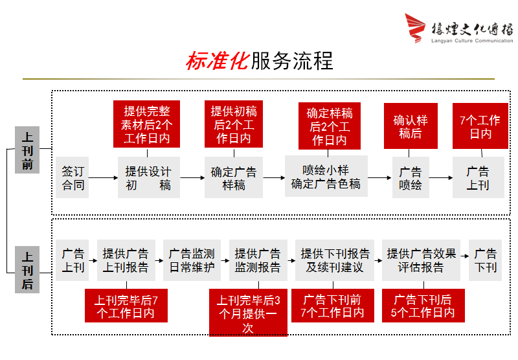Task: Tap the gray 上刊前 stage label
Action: click(27, 150)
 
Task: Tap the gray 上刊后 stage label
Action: click(27, 269)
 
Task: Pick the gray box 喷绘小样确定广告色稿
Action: click(326, 177)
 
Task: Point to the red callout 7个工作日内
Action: click(480, 126)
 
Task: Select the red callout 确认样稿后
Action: click(411, 126)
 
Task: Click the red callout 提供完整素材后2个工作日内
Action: click(147, 124)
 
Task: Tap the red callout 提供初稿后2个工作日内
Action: click(234, 124)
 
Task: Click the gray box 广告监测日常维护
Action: click(192, 260)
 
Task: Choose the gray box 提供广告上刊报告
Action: click(126, 260)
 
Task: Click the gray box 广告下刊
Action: click(486, 260)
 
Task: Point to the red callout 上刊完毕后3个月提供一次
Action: click(248, 313)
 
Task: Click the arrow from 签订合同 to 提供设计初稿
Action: click(103, 177)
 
